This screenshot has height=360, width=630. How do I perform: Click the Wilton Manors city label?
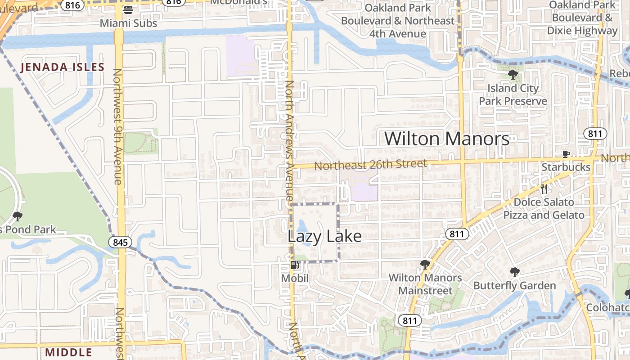(447, 139)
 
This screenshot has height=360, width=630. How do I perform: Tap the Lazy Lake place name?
(324, 236)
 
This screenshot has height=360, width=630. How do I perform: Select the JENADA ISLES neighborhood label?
(63, 67)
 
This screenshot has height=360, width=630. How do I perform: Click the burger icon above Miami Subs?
(128, 10)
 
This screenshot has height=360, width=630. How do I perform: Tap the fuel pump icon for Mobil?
(294, 265)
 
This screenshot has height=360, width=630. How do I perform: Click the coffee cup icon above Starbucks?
(566, 154)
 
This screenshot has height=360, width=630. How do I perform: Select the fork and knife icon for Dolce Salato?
(544, 189)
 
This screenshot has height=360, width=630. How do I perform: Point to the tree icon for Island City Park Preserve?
(513, 75)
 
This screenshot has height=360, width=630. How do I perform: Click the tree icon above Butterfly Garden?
(514, 272)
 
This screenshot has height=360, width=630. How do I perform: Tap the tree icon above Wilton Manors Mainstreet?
(425, 264)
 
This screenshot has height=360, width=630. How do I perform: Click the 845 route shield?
(121, 243)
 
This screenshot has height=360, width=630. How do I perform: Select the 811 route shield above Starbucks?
(595, 133)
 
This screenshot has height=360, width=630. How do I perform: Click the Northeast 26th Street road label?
(370, 165)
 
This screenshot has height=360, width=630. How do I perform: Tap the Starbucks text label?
(566, 167)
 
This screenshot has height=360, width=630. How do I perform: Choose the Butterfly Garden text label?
(514, 286)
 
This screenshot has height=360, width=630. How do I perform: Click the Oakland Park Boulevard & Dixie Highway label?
(582, 18)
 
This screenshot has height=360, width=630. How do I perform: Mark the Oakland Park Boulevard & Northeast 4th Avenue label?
(397, 21)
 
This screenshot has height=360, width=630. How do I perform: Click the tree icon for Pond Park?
(18, 216)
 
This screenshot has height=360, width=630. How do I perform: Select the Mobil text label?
(295, 279)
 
